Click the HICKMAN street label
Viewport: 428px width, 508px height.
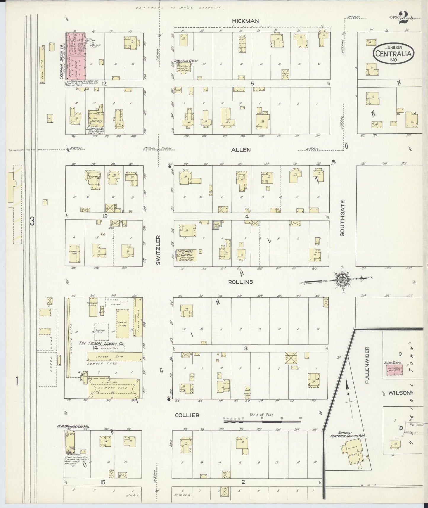[x=245, y=21]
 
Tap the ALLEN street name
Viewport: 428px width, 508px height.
[x=241, y=150]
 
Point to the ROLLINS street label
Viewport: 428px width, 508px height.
[x=241, y=282]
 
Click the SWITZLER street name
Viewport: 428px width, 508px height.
[x=158, y=250]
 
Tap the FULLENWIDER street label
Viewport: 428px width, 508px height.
[x=367, y=365]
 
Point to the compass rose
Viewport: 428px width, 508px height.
[x=343, y=278]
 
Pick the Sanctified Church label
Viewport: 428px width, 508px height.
[x=186, y=61]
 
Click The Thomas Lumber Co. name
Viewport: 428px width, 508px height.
[x=101, y=343]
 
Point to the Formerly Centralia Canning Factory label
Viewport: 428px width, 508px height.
[x=347, y=434]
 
